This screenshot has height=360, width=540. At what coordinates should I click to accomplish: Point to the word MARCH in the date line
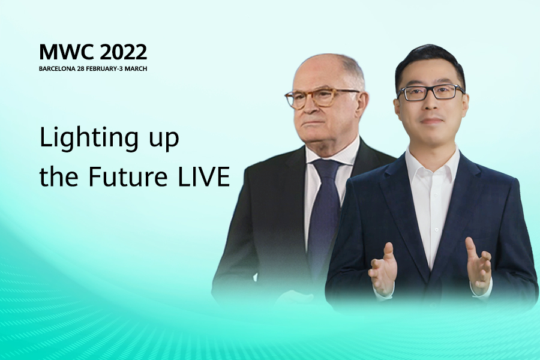[x=136, y=68]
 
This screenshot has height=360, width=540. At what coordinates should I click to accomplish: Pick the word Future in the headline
[x=127, y=176]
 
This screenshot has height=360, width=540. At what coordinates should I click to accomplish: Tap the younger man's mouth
[x=432, y=121]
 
